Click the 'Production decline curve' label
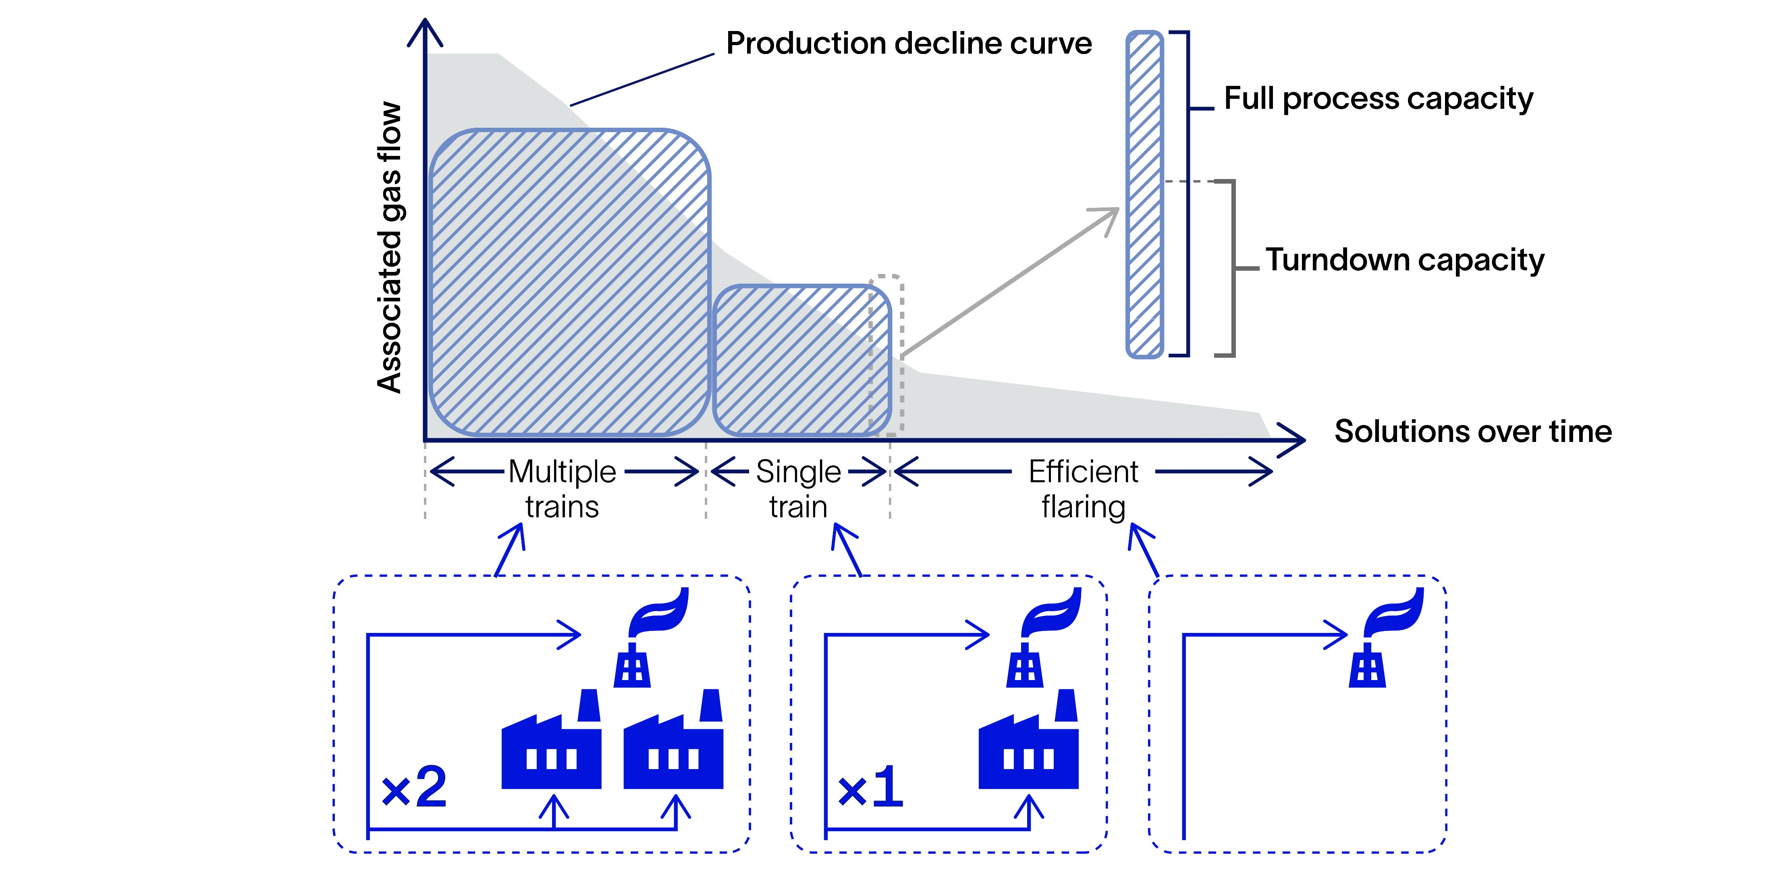[x=909, y=44]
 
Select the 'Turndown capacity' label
[x=1404, y=260]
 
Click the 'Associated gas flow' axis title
[x=390, y=248]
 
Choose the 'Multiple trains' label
[x=562, y=489]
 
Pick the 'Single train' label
[x=798, y=489]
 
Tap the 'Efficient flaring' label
[x=1084, y=489]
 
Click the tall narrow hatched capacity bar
[x=1144, y=194]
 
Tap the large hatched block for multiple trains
[x=569, y=282]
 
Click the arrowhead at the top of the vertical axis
[x=426, y=31]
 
